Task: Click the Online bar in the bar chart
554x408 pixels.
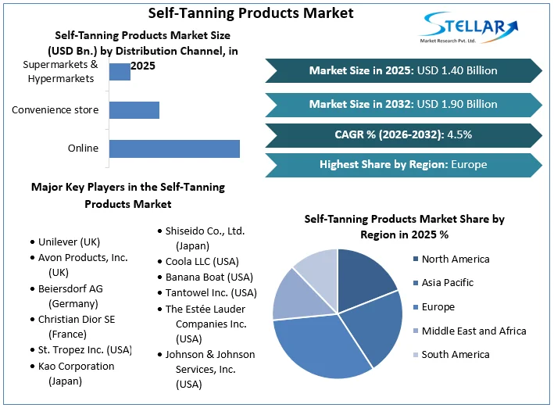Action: [x=173, y=149]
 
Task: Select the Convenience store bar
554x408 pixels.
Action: [x=134, y=109]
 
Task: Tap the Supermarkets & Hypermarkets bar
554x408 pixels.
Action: [x=120, y=71]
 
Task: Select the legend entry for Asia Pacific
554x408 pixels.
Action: [x=447, y=282]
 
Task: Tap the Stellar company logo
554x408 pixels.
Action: [x=468, y=29]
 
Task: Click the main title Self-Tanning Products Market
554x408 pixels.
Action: [x=239, y=13]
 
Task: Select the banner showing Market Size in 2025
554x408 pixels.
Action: [x=403, y=70]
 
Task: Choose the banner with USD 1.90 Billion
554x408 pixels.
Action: [x=403, y=104]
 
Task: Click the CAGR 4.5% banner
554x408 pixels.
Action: [x=403, y=134]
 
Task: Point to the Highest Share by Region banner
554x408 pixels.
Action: [x=403, y=164]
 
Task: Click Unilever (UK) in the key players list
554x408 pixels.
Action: [x=69, y=242]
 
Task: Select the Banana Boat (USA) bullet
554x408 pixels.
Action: [x=209, y=277]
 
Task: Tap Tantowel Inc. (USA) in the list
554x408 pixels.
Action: [x=211, y=292]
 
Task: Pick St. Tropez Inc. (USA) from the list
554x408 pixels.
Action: [x=84, y=349]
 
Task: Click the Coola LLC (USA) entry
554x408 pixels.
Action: [x=202, y=261]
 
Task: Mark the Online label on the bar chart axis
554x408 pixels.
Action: [x=83, y=148]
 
